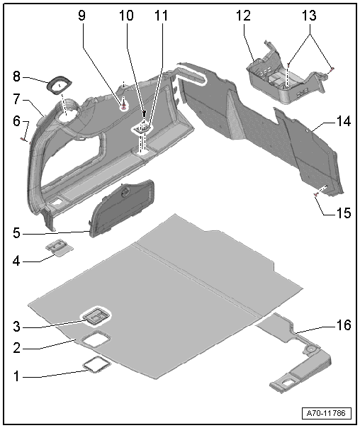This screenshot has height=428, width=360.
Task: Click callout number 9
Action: pos(81,16)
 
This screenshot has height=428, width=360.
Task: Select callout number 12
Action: pos(243,16)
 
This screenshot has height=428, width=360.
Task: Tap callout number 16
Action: pos(344,325)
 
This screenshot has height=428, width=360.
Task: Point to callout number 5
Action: pos(16,233)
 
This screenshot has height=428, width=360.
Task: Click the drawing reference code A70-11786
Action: pos(327,413)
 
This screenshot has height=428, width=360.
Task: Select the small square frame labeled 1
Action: pos(96,365)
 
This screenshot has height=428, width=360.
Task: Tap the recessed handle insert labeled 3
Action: pos(95,316)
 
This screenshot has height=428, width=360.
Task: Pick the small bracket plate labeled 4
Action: pos(60,248)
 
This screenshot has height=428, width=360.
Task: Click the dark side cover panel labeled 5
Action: pos(122,208)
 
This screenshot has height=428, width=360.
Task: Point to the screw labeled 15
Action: pos(316,194)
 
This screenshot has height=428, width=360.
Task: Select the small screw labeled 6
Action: pos(23,139)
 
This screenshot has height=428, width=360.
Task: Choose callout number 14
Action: pos(344,121)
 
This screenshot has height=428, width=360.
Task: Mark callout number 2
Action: pos(16,348)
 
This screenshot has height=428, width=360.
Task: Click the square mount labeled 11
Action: pos(142,128)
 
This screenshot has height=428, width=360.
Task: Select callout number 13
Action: pos(309,16)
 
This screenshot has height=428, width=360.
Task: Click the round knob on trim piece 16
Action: pos(310,349)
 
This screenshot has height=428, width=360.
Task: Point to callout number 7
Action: pos(16,99)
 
